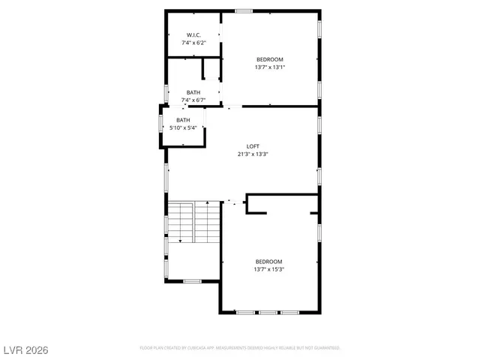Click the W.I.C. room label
(x=193, y=35)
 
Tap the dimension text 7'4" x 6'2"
(x=193, y=43)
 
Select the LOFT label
(x=253, y=146)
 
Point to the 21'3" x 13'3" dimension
(x=253, y=154)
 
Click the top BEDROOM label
(x=270, y=59)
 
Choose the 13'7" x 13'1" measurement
(x=270, y=67)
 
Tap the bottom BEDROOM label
(x=268, y=261)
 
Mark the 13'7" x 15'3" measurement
(x=268, y=269)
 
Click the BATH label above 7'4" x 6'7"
(x=193, y=92)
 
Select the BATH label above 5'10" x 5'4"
(x=183, y=120)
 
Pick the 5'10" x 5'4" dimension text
(x=183, y=128)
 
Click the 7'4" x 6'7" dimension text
(x=193, y=100)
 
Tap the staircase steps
(x=193, y=223)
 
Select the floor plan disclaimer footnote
(x=240, y=348)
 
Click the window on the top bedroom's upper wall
(x=244, y=10)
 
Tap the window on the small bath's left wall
(x=160, y=122)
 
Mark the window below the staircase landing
(x=192, y=281)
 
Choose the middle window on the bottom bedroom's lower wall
(x=267, y=312)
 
